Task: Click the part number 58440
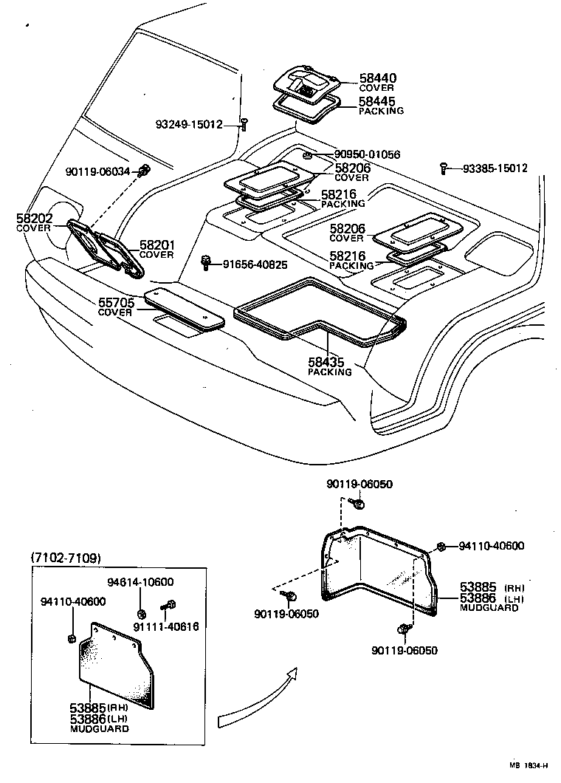pyautogui.click(x=377, y=77)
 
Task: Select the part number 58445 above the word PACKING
pyautogui.click(x=377, y=100)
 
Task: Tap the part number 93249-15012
pyautogui.click(x=189, y=125)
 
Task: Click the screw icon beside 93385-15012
pyautogui.click(x=443, y=168)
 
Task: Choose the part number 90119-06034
pyautogui.click(x=97, y=171)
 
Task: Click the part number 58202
pyautogui.click(x=33, y=219)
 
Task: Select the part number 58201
pyautogui.click(x=156, y=245)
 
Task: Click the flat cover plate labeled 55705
pyautogui.click(x=184, y=310)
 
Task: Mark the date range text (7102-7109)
pyautogui.click(x=66, y=558)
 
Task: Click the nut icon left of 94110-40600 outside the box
pyautogui.click(x=441, y=546)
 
